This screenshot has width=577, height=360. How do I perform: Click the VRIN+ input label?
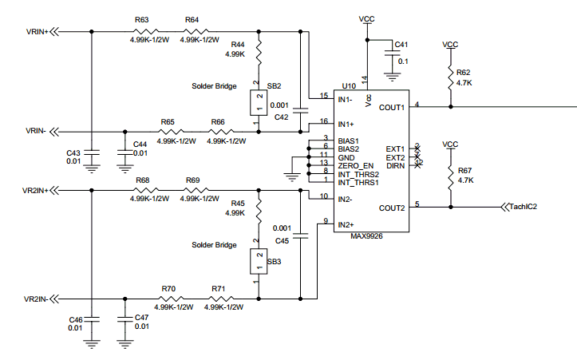pos(38,32)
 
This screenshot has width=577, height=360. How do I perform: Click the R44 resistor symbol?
pos(258,54)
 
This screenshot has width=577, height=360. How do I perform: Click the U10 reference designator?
pos(348,85)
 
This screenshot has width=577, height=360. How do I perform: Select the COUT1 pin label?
pos(391,106)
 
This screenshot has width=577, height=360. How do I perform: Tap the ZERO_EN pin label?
pos(355,165)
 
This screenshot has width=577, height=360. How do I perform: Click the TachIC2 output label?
pos(523,207)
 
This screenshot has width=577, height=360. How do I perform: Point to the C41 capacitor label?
pos(400,44)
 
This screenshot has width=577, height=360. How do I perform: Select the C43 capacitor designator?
pos(73,153)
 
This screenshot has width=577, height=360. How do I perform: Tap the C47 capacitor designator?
pos(142,318)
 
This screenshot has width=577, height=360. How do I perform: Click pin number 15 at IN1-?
pos(323,96)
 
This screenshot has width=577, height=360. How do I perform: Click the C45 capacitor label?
pos(282,240)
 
